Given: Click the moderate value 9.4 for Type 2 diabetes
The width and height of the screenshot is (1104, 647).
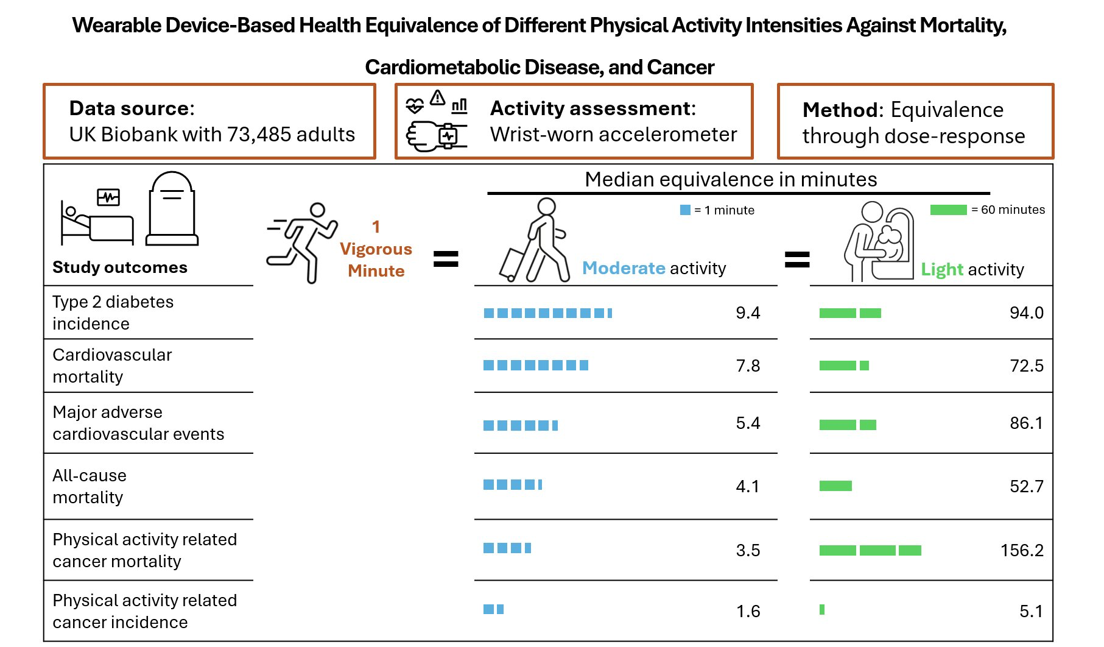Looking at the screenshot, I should (748, 313).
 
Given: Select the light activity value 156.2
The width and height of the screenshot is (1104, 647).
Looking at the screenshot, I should (1022, 551).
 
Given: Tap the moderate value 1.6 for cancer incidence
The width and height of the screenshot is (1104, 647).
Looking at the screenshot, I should (748, 611).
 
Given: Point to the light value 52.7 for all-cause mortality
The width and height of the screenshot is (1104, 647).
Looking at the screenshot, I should (1026, 486).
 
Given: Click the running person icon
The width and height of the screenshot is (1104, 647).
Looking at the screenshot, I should (303, 242).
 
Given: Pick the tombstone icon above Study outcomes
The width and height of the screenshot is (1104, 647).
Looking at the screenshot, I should (172, 208).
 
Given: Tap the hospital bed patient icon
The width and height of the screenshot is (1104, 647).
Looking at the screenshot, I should (97, 218).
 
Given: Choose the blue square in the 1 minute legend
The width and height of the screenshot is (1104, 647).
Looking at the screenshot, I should (685, 210).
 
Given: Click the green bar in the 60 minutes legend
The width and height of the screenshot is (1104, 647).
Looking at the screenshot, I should (948, 210).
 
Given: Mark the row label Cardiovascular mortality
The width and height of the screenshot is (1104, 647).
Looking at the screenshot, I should (112, 366).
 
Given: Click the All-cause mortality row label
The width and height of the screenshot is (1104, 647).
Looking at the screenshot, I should (90, 486).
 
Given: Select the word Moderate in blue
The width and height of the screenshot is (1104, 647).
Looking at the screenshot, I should (624, 268).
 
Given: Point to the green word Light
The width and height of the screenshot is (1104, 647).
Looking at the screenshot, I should (941, 269).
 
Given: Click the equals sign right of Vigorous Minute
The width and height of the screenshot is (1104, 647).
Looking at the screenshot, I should (446, 259).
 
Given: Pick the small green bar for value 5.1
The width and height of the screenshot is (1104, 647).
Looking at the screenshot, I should (822, 609).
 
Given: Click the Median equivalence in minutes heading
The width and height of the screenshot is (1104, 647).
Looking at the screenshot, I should (731, 180).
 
